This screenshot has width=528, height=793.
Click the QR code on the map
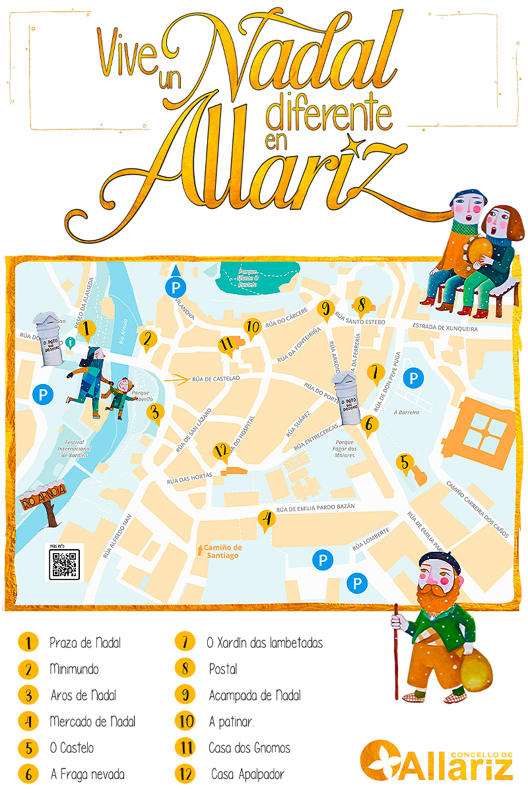pos(65,563)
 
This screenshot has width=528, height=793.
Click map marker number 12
pos(221,453)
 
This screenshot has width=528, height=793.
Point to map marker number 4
pos(267,521)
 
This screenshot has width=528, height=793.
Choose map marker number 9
pos(325,309)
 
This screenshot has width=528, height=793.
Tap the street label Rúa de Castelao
pos(216,379)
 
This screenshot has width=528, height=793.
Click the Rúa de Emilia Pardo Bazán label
pos(315,508)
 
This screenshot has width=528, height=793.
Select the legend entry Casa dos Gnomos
pos(249,748)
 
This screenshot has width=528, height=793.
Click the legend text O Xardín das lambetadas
pos(265,642)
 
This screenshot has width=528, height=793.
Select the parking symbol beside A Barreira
pos(413,379)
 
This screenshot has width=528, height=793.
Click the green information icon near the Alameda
pos(71,342)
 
